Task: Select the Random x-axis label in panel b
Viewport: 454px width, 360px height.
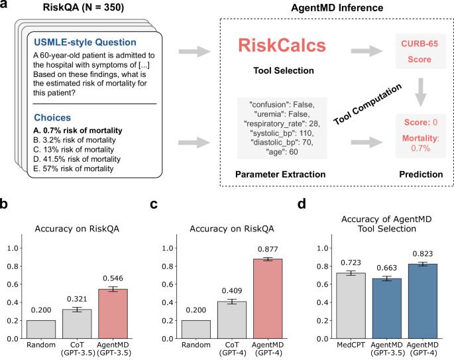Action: click(x=40, y=347)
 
